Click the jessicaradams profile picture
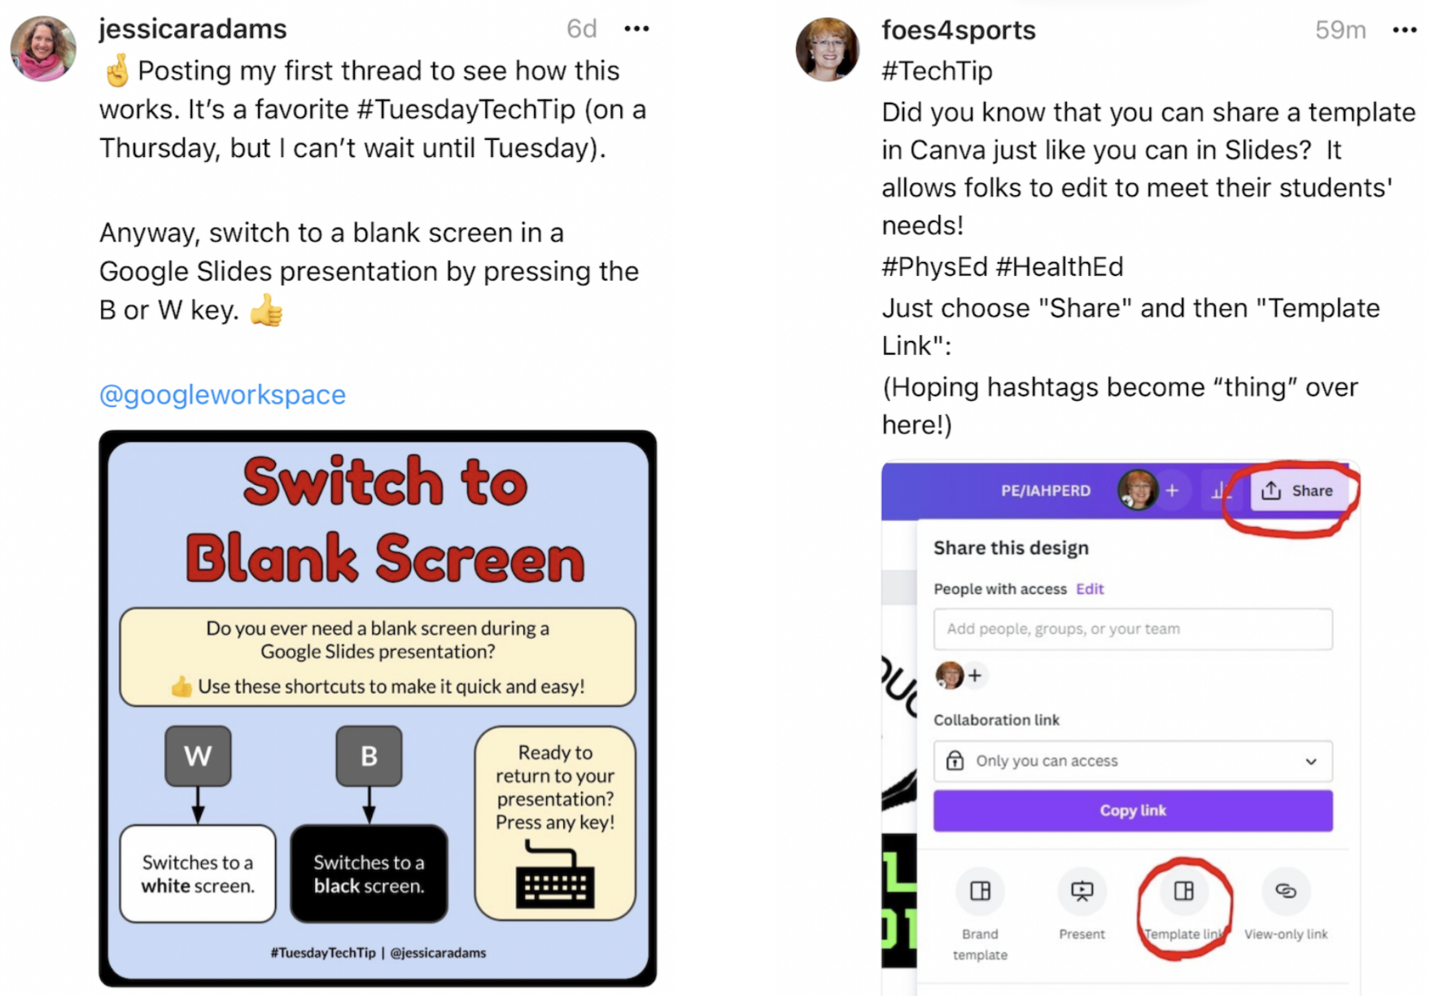click(43, 49)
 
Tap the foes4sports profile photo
click(827, 50)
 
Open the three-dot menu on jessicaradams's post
click(636, 29)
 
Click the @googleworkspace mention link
click(222, 395)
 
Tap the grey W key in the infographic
click(198, 756)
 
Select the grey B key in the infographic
click(369, 756)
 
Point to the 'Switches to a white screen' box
click(198, 874)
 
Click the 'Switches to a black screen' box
click(369, 874)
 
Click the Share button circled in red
click(1297, 491)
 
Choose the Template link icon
click(1183, 892)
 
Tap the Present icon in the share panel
click(1082, 892)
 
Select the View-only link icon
click(1285, 892)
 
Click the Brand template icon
click(980, 892)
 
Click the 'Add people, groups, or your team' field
click(1132, 629)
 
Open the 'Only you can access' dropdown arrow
click(1310, 762)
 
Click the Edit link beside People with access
click(1090, 589)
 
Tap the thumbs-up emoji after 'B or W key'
click(266, 310)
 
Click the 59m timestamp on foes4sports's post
click(1339, 30)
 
